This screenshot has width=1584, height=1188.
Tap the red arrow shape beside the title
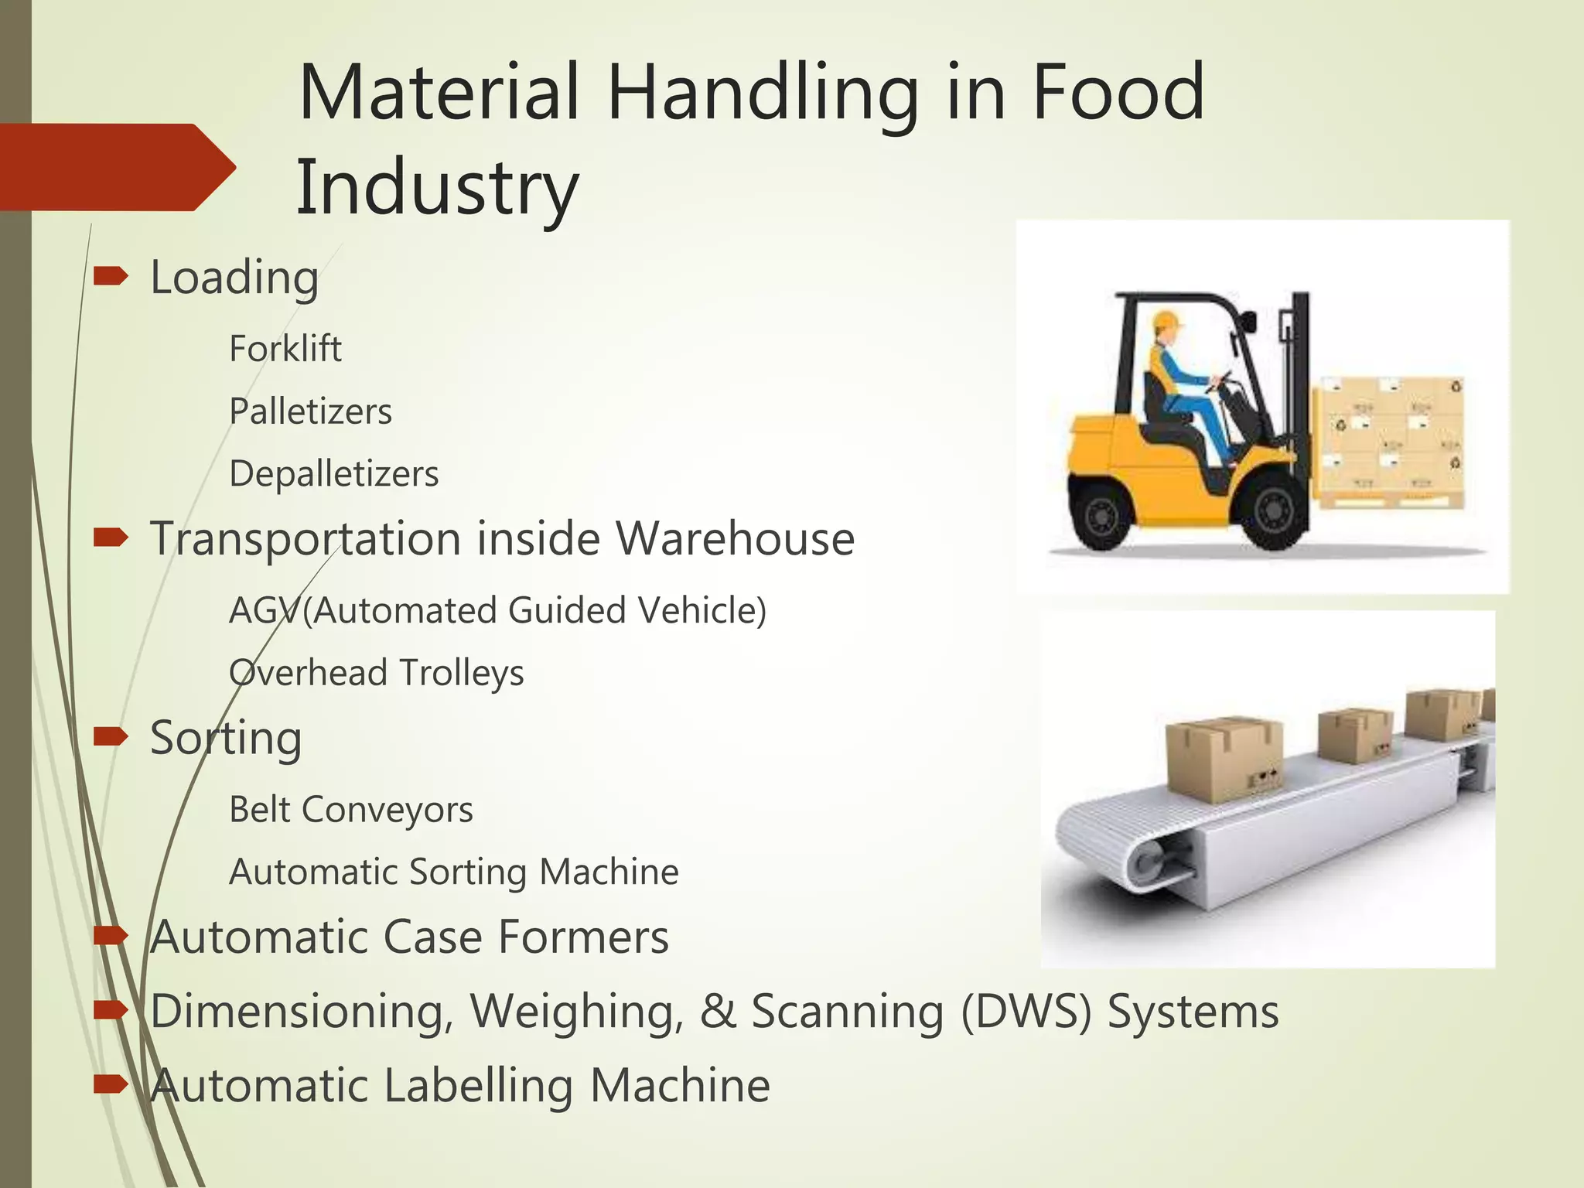click(x=116, y=167)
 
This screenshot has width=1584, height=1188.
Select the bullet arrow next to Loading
click(x=111, y=275)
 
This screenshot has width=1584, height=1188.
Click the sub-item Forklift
click(x=285, y=349)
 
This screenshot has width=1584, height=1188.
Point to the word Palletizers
click(x=310, y=411)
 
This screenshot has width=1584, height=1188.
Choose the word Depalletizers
click(x=333, y=474)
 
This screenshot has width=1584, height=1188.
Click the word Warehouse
click(x=735, y=538)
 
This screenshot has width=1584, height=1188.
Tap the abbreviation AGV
click(x=264, y=611)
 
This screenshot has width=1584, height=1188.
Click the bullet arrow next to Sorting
click(x=111, y=736)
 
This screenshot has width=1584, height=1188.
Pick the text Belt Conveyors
click(x=350, y=810)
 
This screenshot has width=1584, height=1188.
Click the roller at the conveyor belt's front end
click(x=1150, y=860)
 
